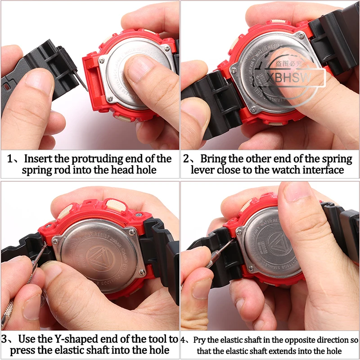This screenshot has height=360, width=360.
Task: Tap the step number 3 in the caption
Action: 6,338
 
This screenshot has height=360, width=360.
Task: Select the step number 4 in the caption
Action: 184,340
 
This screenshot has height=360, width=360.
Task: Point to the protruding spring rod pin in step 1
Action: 82,81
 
